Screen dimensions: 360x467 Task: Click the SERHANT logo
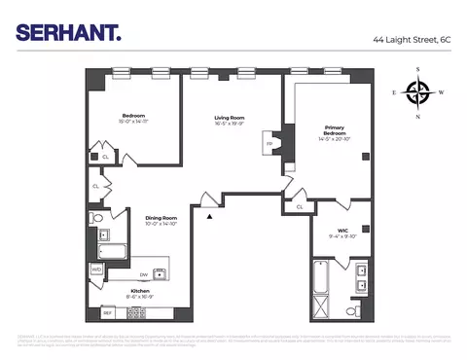(68, 32)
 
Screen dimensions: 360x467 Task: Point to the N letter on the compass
(417, 118)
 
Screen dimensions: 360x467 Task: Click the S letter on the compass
(417, 70)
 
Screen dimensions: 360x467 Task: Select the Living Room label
(230, 118)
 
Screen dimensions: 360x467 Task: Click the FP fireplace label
(269, 144)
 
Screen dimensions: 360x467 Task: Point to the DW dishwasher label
(144, 273)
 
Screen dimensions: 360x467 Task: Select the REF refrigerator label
(108, 312)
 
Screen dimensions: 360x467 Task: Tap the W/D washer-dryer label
(96, 270)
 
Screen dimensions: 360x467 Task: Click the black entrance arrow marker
(208, 216)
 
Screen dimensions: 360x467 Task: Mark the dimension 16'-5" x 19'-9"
(230, 125)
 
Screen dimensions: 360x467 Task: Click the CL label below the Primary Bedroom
(300, 206)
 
